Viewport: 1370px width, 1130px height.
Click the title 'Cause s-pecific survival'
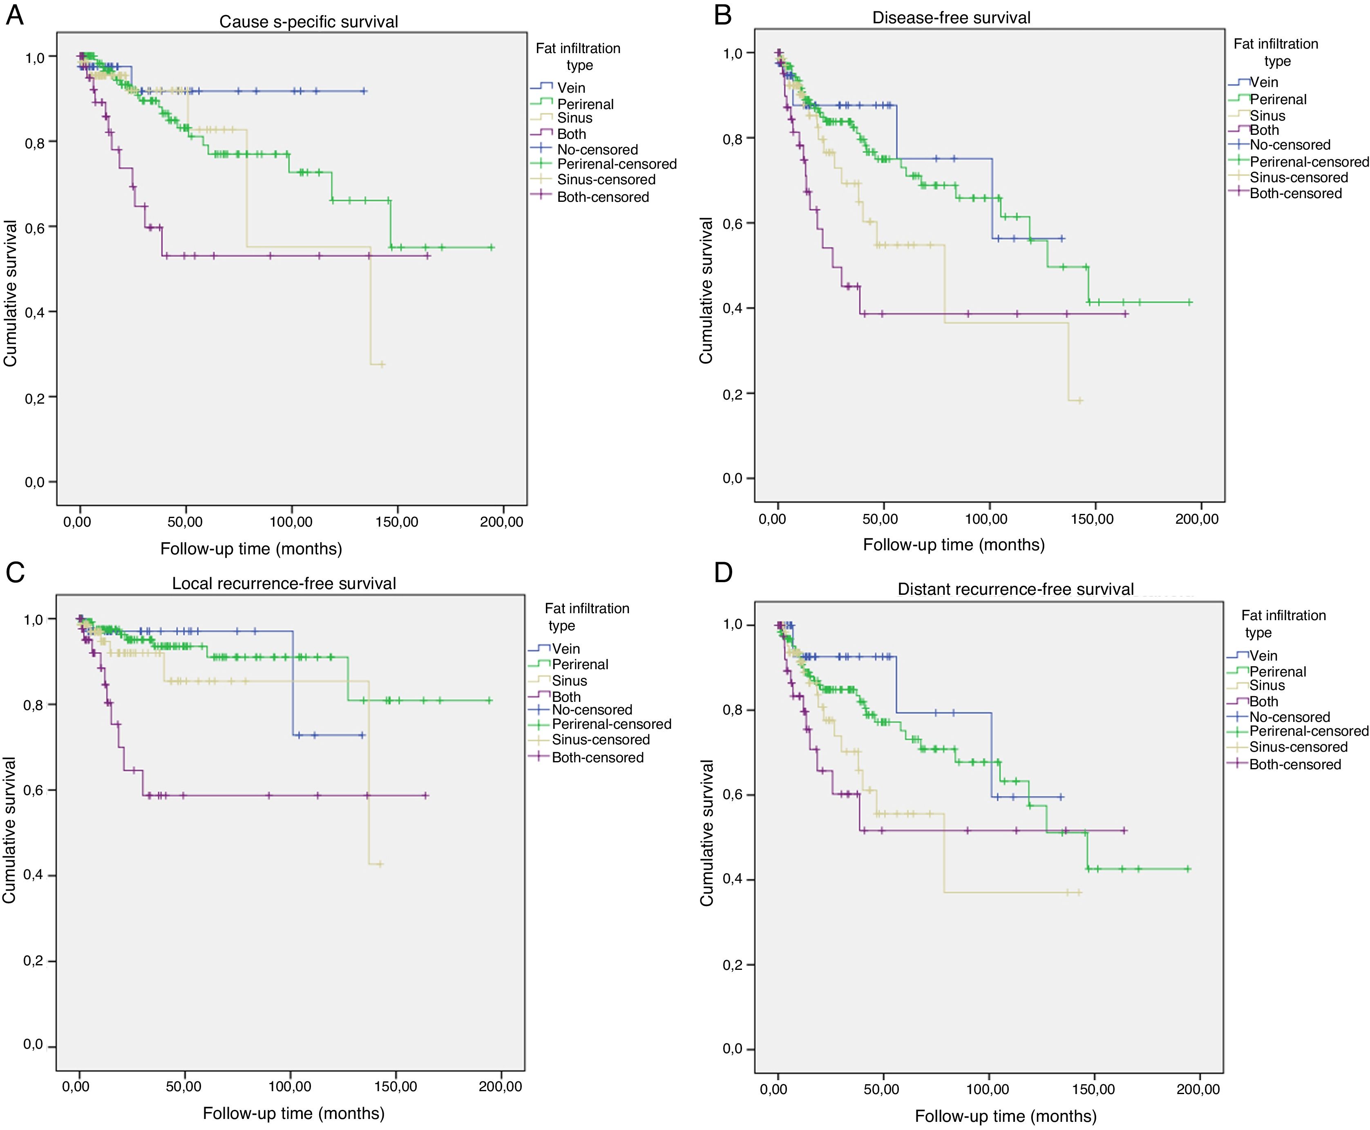pos(308,22)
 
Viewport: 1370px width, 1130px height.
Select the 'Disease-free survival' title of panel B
pos(951,18)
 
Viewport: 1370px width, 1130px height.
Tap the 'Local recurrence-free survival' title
pos(284,583)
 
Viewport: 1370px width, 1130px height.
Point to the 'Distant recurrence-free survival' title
pos(1015,589)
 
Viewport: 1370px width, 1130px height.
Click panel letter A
pos(14,14)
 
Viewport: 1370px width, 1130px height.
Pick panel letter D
pos(723,573)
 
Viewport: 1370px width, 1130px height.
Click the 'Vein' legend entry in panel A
pos(571,88)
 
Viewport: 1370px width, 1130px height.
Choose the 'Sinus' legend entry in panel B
pos(1267,116)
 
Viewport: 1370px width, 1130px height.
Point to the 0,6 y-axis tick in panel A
pos(34,227)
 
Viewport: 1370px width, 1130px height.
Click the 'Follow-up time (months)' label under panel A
pos(251,549)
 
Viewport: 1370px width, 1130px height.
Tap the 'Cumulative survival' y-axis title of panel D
pos(707,833)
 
